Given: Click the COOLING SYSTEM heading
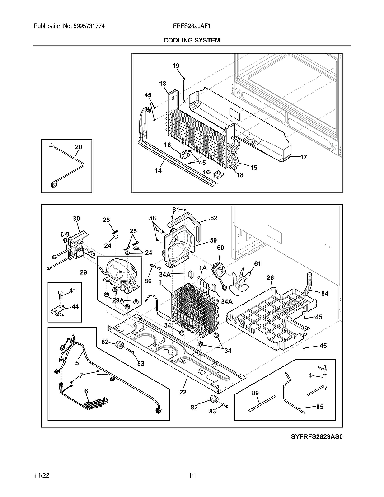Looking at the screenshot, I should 192,40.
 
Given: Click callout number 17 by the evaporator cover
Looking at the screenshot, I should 303,157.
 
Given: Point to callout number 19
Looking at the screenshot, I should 176,66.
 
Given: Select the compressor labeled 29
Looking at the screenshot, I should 118,273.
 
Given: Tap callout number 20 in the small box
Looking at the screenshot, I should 79,147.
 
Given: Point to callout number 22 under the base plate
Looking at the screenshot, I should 183,392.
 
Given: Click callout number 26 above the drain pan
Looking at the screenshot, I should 270,278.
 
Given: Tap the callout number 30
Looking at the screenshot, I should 76,219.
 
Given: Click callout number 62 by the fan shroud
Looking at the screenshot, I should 213,218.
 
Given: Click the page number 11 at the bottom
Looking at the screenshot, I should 192,475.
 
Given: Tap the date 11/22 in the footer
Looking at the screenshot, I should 41,475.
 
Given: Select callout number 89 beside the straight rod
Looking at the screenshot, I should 255,394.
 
